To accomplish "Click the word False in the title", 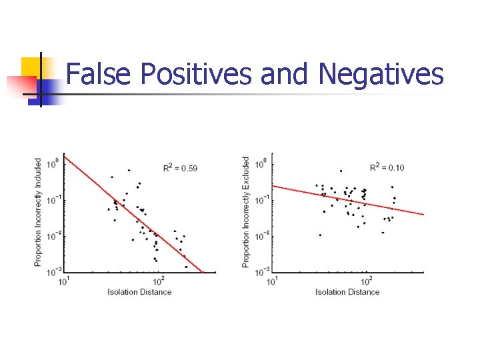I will click(100, 74).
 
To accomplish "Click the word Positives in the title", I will click(196, 74).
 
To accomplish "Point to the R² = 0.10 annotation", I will click(387, 167).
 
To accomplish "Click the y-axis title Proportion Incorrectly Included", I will click(38, 213).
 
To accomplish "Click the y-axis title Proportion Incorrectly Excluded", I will click(246, 213).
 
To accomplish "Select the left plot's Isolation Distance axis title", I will click(139, 292).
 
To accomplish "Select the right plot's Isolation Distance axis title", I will click(347, 292).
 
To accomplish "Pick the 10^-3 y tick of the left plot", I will click(54, 271).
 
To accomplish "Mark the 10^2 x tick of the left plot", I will click(158, 281).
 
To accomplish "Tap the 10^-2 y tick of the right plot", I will click(262, 235).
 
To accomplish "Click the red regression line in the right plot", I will click(347, 199).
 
